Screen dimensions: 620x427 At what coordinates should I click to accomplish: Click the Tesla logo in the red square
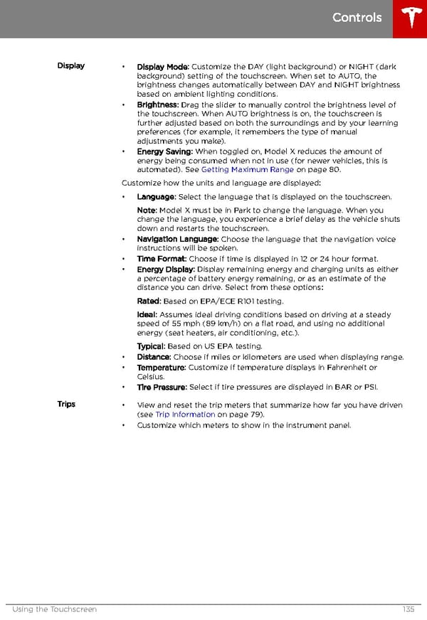(410, 18)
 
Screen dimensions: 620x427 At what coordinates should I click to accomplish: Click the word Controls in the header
(357, 18)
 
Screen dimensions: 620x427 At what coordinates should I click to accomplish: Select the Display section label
(71, 66)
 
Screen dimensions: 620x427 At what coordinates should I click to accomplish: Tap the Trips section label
(66, 404)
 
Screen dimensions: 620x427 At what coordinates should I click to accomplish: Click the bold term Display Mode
(163, 67)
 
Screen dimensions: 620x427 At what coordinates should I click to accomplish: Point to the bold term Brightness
(157, 105)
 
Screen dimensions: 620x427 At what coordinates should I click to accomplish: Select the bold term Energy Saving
(164, 151)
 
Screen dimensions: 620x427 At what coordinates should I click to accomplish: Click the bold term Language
(156, 197)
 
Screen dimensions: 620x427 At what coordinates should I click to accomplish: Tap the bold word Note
(147, 210)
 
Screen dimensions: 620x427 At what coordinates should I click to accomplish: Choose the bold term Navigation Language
(178, 240)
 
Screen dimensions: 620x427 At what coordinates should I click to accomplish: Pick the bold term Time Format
(162, 260)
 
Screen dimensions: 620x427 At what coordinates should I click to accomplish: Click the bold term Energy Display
(165, 269)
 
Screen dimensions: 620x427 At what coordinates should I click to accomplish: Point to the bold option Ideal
(147, 314)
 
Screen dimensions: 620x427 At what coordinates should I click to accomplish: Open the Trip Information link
(185, 415)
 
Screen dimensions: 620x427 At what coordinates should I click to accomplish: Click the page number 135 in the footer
(408, 609)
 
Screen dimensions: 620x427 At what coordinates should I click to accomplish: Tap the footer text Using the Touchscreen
(55, 609)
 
